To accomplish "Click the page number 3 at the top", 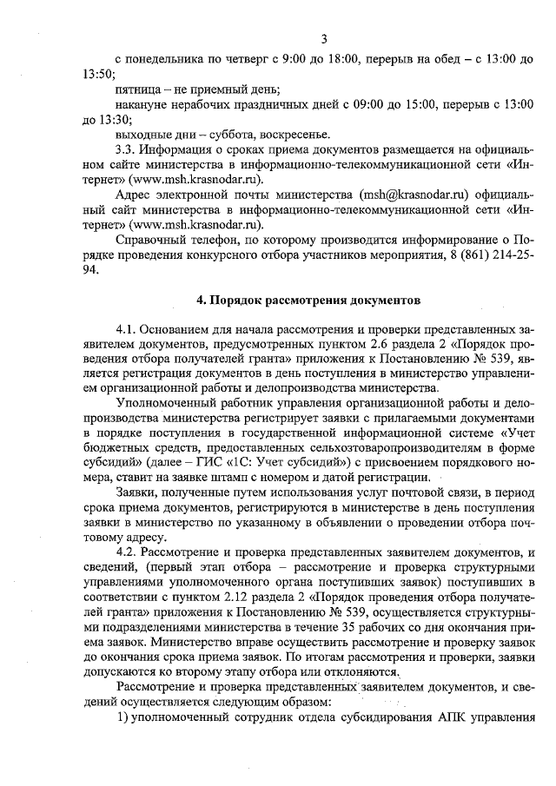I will click(322, 38).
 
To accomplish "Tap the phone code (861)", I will click(462, 253).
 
